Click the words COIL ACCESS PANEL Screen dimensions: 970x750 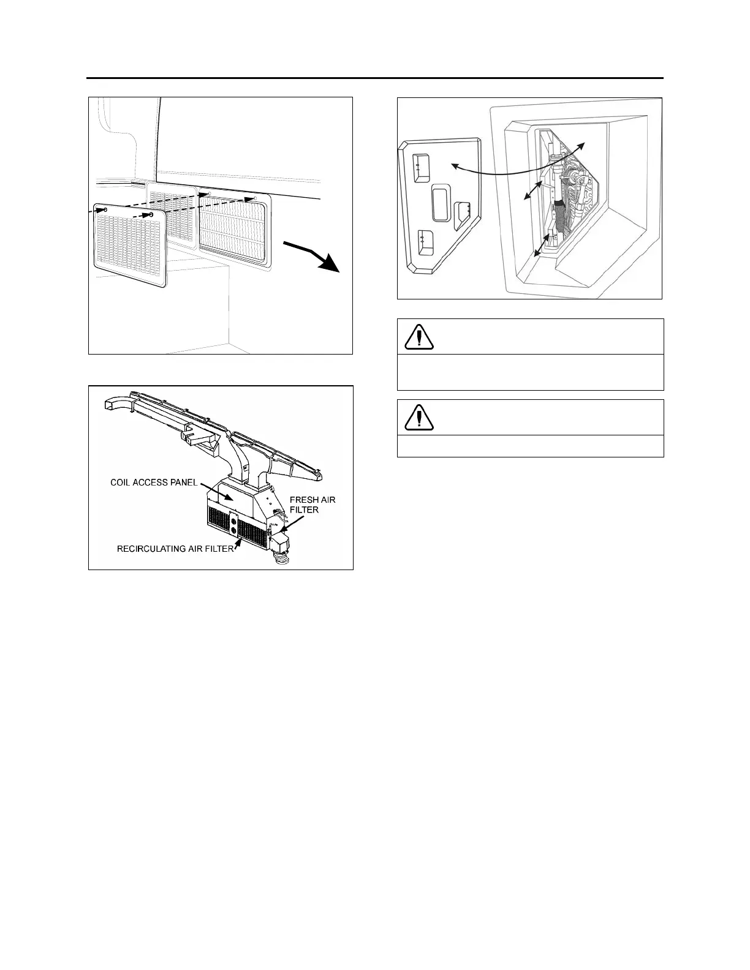pyautogui.click(x=153, y=482)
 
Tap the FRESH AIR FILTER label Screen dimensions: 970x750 pyautogui.click(x=312, y=505)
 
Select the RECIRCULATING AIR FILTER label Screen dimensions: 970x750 pyautogui.click(x=175, y=549)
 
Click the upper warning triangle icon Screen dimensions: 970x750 pyautogui.click(x=419, y=336)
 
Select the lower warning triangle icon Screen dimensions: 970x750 pyautogui.click(x=419, y=417)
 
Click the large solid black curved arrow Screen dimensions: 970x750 pyautogui.click(x=315, y=256)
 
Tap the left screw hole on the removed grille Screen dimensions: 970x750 pyautogui.click(x=106, y=210)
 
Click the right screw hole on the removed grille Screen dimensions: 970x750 pyautogui.click(x=151, y=215)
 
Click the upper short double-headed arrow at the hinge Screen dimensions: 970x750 pyautogui.click(x=530, y=187)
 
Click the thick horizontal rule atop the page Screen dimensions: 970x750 pyautogui.click(x=375, y=78)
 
